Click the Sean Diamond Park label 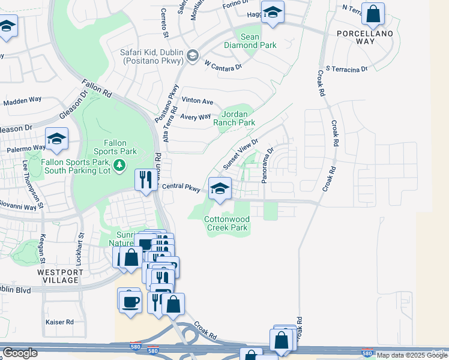[250, 41]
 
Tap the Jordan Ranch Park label [238, 118]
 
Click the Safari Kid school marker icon [193, 56]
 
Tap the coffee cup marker [129, 300]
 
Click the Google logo [20, 353]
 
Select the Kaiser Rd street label [59, 322]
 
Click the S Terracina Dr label [346, 70]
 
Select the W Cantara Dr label [223, 63]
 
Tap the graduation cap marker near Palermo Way [57, 139]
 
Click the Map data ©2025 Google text [411, 355]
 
